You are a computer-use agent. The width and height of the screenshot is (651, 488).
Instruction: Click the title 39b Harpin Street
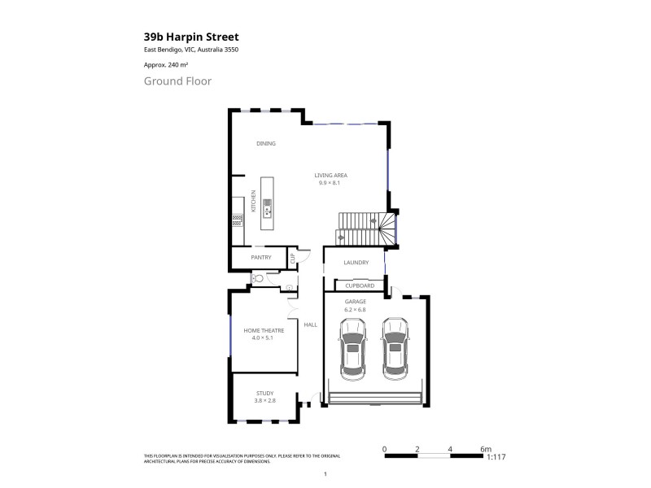[x=190, y=37]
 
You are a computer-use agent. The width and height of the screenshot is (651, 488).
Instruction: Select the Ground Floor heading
[x=177, y=81]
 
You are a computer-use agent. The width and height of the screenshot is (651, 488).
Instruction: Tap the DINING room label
[x=266, y=143]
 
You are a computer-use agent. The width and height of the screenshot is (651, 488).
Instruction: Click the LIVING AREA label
[x=329, y=175]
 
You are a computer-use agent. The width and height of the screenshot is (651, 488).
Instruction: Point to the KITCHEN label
[x=254, y=202]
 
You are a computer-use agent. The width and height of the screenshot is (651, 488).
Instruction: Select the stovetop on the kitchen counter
[x=237, y=218]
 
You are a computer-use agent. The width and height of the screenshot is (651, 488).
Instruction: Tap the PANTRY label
[x=260, y=258]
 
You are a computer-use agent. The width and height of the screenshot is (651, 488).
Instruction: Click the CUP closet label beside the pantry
[x=292, y=259]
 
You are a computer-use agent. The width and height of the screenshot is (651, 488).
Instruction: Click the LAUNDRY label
[x=356, y=263]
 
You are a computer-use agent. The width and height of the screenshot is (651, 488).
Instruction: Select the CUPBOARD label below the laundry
[x=360, y=286]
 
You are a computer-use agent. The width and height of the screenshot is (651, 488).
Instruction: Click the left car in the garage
[x=352, y=348]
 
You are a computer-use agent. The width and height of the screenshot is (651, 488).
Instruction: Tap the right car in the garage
[x=395, y=348]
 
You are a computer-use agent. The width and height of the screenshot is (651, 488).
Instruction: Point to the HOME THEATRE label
[x=264, y=329]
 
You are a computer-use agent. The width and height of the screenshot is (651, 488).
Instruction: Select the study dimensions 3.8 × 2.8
[x=265, y=401]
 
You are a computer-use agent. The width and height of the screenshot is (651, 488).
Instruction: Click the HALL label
[x=310, y=325]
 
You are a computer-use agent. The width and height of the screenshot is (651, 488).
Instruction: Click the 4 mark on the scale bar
[x=450, y=449]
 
